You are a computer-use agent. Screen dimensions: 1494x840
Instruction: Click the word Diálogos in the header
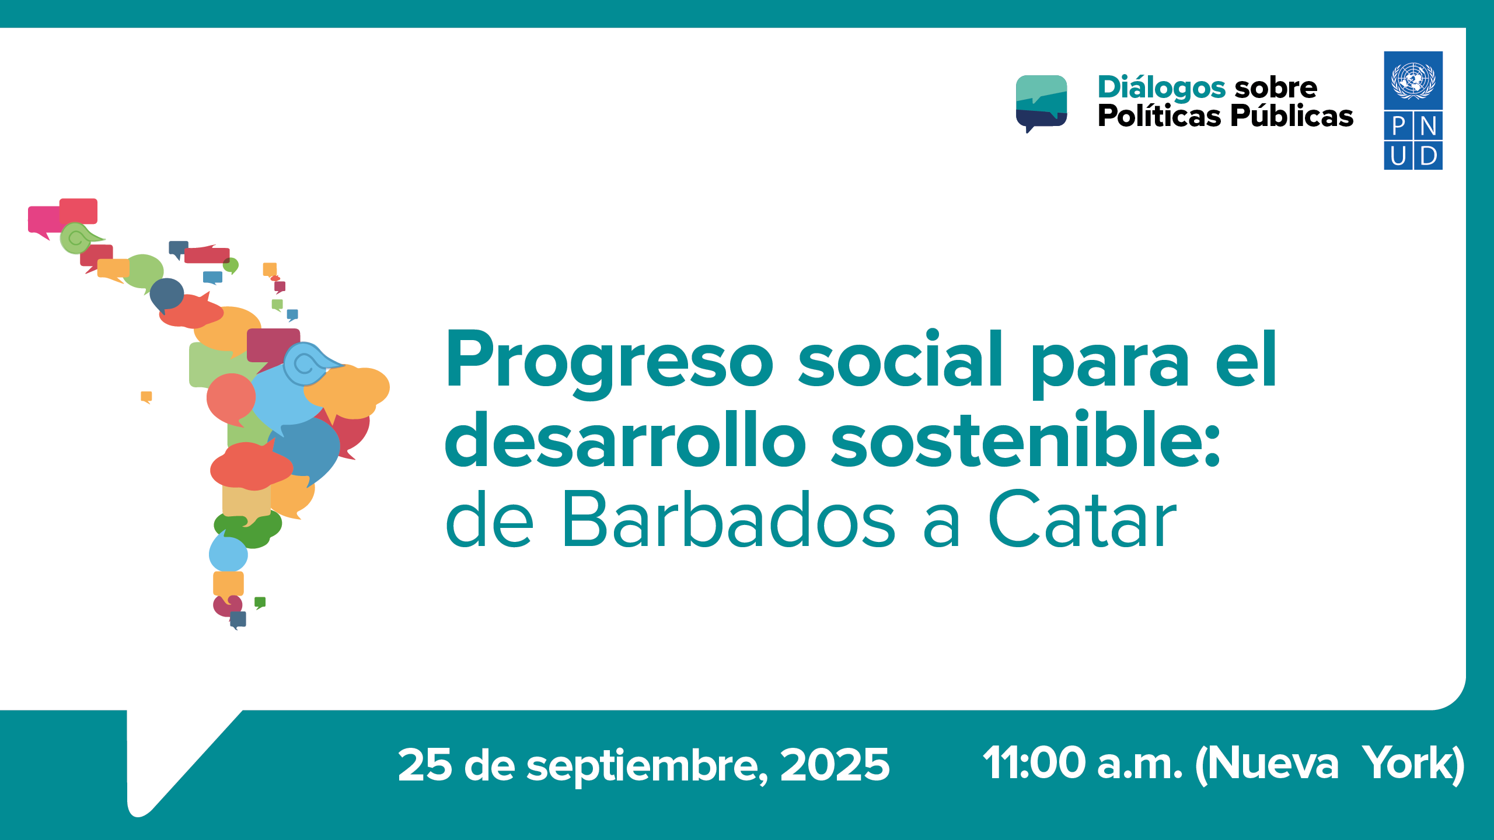1161,89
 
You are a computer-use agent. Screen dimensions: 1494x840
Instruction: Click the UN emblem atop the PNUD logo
1413,80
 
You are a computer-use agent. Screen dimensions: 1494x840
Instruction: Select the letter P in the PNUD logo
1399,126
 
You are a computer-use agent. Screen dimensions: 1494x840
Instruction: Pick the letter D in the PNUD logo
1429,156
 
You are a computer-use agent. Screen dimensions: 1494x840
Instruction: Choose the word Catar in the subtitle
1083,519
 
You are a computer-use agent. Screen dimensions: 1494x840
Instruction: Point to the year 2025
835,765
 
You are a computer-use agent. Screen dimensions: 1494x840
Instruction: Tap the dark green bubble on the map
248,528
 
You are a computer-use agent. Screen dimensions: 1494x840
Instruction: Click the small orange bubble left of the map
146,397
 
